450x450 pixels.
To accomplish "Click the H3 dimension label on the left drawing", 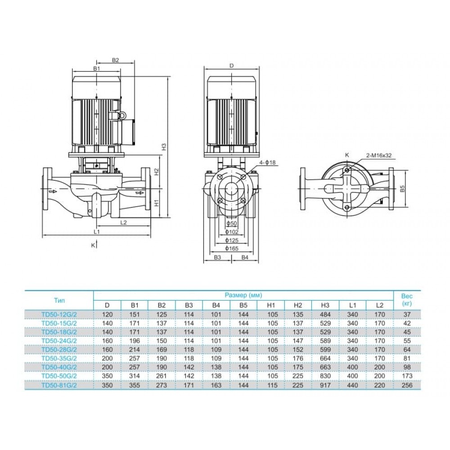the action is tap(164, 147).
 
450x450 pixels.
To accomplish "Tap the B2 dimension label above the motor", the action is tap(115, 60).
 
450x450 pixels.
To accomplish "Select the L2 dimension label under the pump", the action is tap(123, 222).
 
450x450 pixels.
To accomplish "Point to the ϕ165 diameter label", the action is tap(232, 248).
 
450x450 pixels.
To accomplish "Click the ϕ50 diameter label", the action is tap(232, 224).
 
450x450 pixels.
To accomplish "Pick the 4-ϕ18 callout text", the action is tap(267, 162).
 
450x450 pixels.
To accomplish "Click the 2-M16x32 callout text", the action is tap(378, 156).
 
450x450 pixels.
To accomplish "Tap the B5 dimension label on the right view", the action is tap(403, 189).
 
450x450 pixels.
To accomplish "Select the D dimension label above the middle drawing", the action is tap(232, 66).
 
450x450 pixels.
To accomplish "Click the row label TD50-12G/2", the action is tap(59, 315).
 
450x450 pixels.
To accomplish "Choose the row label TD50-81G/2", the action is tap(59, 385).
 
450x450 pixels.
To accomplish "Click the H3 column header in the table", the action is tap(325, 305).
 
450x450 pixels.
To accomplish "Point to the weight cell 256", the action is tap(407, 385).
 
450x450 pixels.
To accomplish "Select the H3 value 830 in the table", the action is tap(325, 376).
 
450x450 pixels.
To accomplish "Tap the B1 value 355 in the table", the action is tap(134, 385).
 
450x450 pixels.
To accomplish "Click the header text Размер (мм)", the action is tap(243, 295).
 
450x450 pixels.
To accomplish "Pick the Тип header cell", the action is tap(59, 301).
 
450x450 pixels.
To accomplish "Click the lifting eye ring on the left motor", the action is tap(122, 115).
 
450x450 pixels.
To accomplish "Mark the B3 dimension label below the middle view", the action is tap(217, 257).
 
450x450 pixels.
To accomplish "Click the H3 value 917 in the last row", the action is tap(325, 385).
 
